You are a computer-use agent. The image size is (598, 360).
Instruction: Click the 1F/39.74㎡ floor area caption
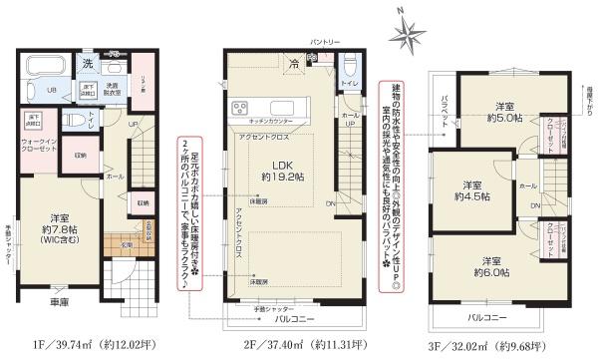coord(91,344)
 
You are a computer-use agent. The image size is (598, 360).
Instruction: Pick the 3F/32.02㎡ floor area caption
coord(497,344)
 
